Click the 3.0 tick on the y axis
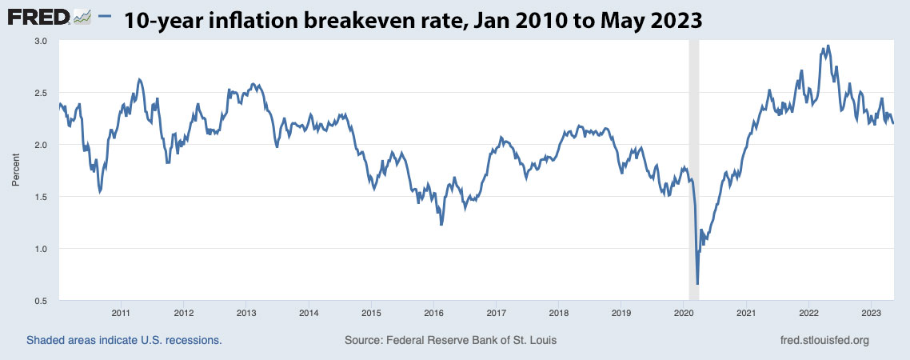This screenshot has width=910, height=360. click(x=41, y=41)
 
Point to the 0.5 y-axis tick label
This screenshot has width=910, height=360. click(x=41, y=301)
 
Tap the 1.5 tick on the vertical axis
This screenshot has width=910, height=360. click(x=41, y=197)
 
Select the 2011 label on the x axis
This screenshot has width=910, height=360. click(x=121, y=313)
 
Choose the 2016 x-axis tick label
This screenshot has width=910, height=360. click(x=433, y=313)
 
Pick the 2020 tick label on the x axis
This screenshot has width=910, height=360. click(x=684, y=313)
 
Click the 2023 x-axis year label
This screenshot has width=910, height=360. click(x=871, y=313)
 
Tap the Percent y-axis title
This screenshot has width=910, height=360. click(x=16, y=170)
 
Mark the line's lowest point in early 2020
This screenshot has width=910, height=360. click(x=697, y=284)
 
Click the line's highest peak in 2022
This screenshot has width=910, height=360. click(x=828, y=46)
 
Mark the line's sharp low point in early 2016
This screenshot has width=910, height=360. click(x=441, y=226)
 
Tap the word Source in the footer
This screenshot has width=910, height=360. click(x=364, y=340)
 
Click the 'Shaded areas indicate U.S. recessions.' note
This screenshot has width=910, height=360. click(x=124, y=340)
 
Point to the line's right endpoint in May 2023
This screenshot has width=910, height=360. click(x=893, y=123)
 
